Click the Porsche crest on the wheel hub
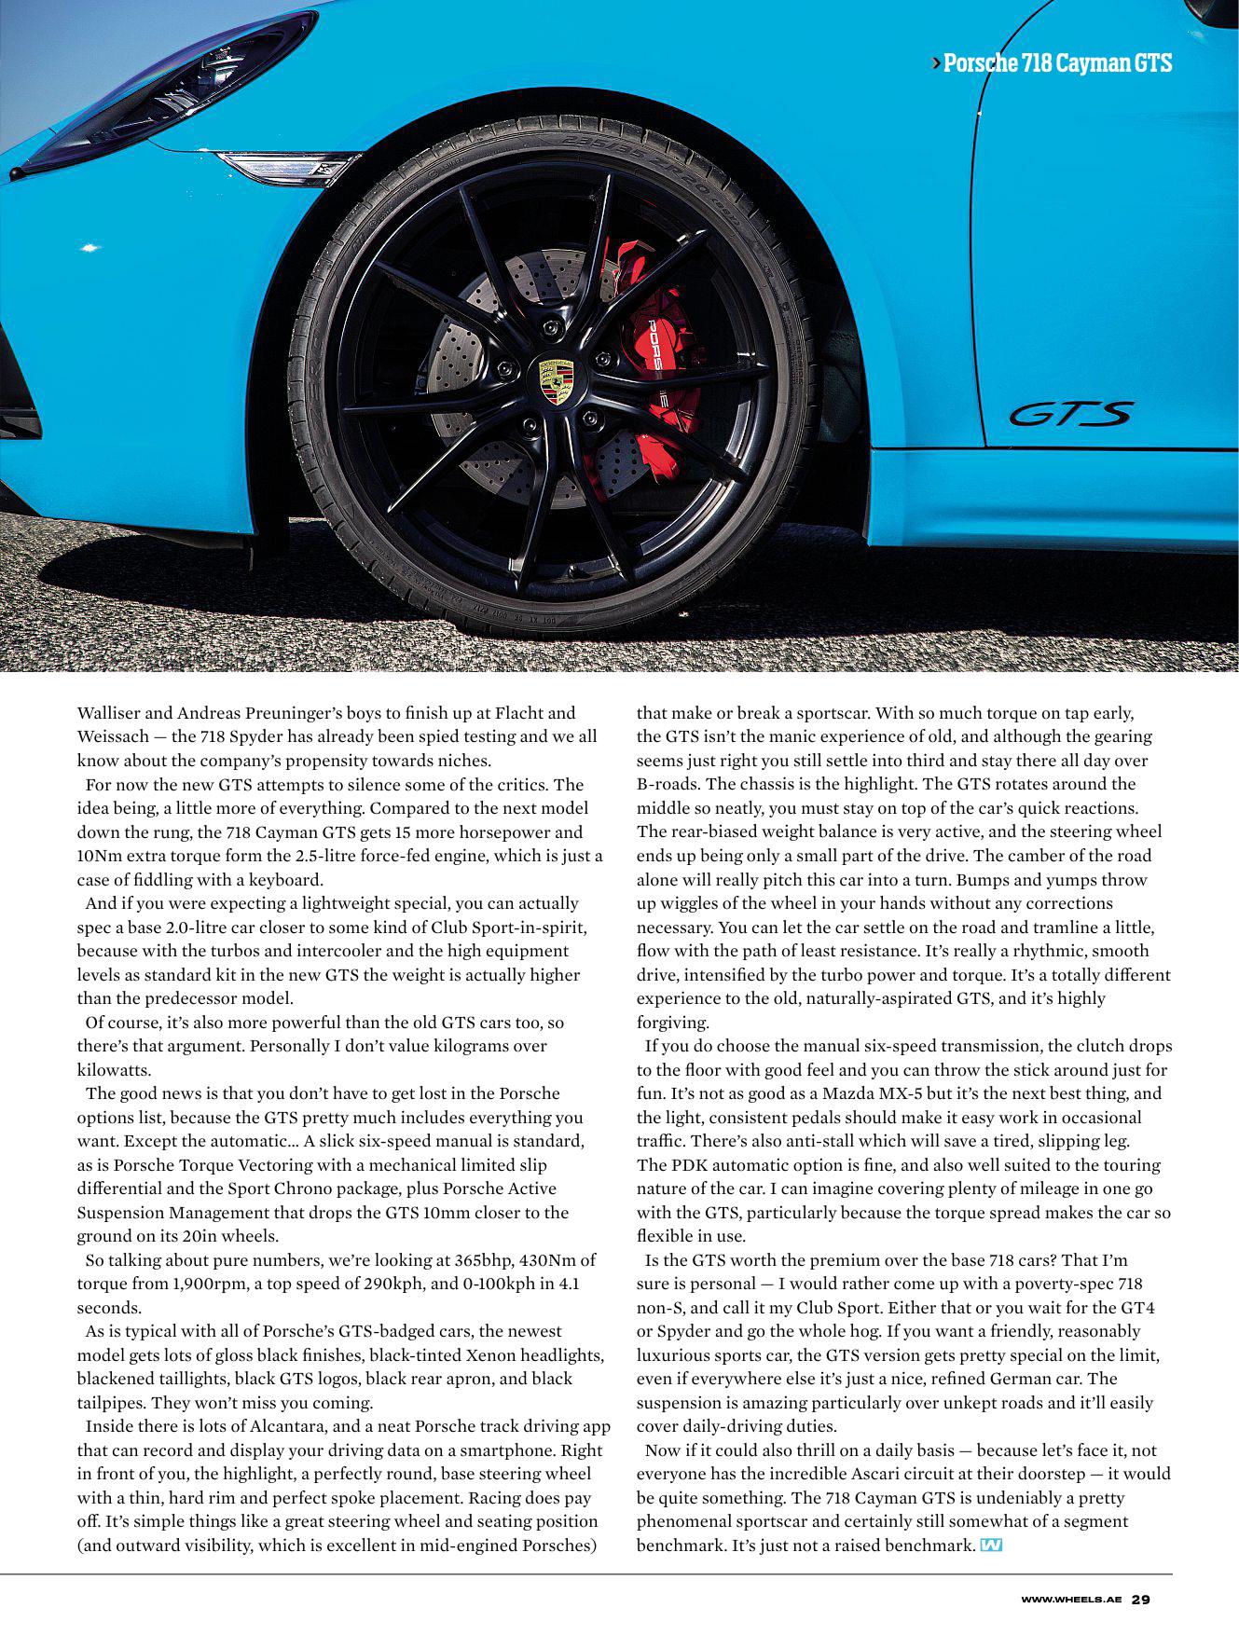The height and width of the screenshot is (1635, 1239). [556, 381]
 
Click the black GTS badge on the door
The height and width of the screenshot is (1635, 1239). [1072, 414]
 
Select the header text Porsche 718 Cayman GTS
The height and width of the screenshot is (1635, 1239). [1056, 63]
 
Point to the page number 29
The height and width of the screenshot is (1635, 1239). [1141, 1600]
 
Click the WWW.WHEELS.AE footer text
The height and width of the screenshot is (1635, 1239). [1071, 1600]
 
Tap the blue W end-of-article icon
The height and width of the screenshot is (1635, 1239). [991, 1546]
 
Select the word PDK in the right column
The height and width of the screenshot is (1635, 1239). [681, 1165]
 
